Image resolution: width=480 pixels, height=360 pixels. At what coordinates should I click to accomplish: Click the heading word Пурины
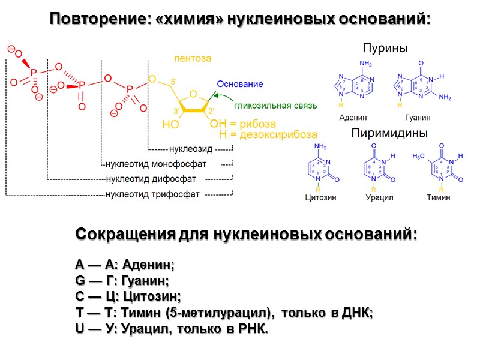point(385,48)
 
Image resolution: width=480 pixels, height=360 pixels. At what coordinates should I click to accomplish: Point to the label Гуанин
point(418,118)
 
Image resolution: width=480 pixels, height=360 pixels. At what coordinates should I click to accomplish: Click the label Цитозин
point(320,197)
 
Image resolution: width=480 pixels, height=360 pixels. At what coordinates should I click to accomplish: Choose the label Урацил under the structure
point(379,197)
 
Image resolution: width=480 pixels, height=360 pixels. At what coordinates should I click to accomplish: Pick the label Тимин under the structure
point(438,197)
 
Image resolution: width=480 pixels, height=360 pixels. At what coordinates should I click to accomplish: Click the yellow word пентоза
point(193,59)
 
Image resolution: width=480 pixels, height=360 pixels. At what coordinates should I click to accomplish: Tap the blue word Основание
point(240,85)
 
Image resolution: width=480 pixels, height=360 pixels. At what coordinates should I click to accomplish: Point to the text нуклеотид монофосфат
point(156,164)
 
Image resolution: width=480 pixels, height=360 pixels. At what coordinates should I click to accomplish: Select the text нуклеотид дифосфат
point(151,179)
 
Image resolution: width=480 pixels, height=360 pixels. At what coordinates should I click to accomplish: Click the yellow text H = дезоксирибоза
point(268,135)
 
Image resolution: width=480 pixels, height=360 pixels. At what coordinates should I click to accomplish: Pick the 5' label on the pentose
point(173,82)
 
